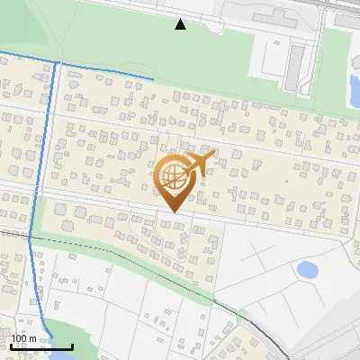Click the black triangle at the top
pyautogui.click(x=181, y=24)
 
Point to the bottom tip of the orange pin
pyautogui.click(x=173, y=212)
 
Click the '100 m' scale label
pyautogui.click(x=23, y=338)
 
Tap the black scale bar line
pyautogui.click(x=41, y=346)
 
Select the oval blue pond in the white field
pyautogui.click(x=307, y=269)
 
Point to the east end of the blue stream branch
pyautogui.click(x=153, y=79)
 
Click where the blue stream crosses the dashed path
pyautogui.click(x=30, y=237)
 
